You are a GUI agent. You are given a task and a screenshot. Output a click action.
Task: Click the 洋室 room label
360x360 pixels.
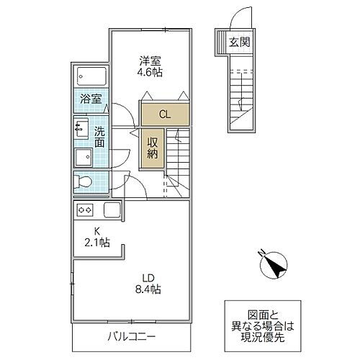tap(150, 60)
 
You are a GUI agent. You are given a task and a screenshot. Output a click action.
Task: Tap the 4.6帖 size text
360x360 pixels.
tap(150, 72)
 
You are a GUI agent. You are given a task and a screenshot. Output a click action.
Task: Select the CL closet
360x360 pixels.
tap(165, 114)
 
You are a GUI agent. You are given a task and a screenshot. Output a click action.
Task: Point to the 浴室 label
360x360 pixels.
tap(91, 99)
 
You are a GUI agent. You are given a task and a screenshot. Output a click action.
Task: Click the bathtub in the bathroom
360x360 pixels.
tap(91, 76)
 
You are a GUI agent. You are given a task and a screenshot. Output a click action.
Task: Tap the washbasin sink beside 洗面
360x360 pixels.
tap(81, 127)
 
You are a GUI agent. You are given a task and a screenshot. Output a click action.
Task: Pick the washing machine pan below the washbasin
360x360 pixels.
tap(84, 157)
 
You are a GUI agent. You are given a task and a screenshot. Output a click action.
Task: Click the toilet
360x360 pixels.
tap(82, 182)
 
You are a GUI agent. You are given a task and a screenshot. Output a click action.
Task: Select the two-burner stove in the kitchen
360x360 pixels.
tap(85, 210)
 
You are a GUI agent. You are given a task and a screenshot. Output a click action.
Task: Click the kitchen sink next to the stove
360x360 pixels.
tap(112, 210)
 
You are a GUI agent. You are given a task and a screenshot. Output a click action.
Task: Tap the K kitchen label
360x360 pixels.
tap(97, 231)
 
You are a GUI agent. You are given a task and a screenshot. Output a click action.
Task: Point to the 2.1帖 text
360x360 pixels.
tap(97, 243)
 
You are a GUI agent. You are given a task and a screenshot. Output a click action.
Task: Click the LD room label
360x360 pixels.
tap(148, 278)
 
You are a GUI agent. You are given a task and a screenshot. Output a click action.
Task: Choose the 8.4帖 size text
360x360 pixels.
tap(148, 289)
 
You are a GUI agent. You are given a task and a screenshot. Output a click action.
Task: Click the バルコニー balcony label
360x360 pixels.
tap(131, 336)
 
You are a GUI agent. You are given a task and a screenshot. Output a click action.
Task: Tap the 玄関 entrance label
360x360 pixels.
tap(239, 42)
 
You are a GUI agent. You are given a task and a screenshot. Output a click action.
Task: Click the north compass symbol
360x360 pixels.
tap(273, 264)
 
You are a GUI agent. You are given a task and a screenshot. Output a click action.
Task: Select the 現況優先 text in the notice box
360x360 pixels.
tap(263, 338)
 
